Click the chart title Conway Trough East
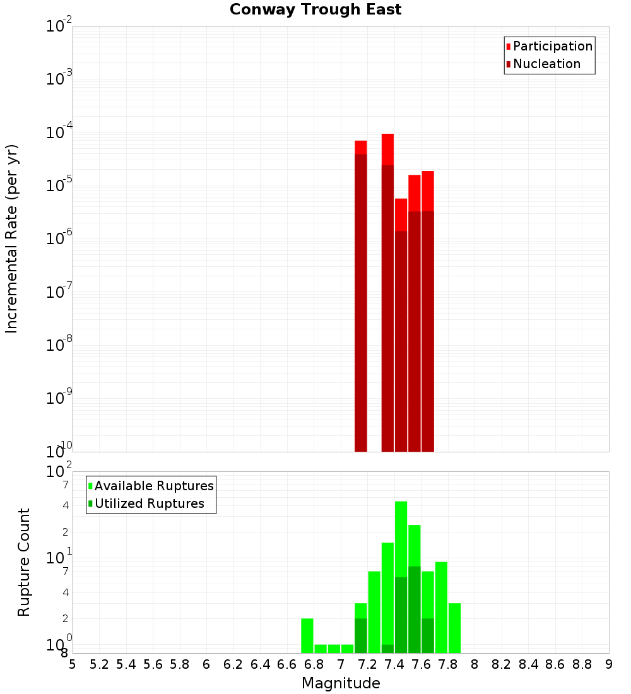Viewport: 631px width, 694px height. (x=315, y=10)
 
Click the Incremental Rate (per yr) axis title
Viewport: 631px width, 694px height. (x=11, y=238)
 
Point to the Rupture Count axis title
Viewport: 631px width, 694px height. (x=24, y=562)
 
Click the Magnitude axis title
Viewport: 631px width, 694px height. (x=341, y=683)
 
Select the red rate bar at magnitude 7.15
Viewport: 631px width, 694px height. (x=361, y=297)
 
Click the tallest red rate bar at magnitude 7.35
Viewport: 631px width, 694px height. (x=387, y=293)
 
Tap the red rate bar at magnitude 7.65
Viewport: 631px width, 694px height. (x=428, y=312)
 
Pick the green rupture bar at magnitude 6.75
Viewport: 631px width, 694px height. (x=307, y=636)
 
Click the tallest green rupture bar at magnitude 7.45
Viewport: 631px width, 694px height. (x=401, y=577)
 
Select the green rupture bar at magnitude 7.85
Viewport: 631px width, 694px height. (x=454, y=628)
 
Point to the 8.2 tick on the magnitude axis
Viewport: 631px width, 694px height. (x=502, y=664)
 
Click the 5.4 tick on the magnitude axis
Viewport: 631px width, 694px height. (x=126, y=664)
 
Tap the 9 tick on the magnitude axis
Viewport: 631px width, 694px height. (x=609, y=664)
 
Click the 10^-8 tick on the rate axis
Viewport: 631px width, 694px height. (x=59, y=346)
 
